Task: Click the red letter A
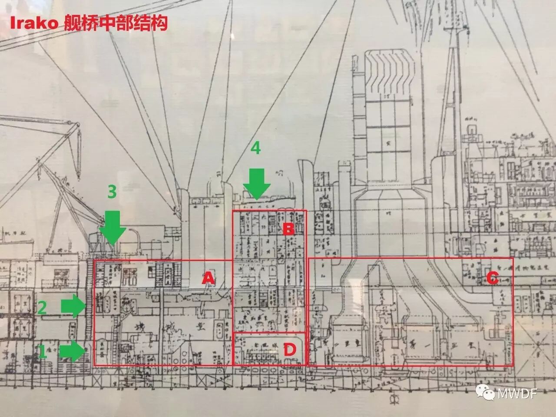pyautogui.click(x=208, y=278)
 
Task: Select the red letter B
pyautogui.click(x=288, y=229)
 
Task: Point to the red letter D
pyautogui.click(x=289, y=350)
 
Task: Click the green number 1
pyautogui.click(x=42, y=351)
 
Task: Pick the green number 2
pyautogui.click(x=42, y=307)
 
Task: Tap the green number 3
pyautogui.click(x=112, y=192)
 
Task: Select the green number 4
pyautogui.click(x=256, y=149)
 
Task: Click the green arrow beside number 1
pyautogui.click(x=73, y=351)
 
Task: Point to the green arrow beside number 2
pyautogui.click(x=73, y=307)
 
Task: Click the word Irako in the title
pyautogui.click(x=28, y=23)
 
